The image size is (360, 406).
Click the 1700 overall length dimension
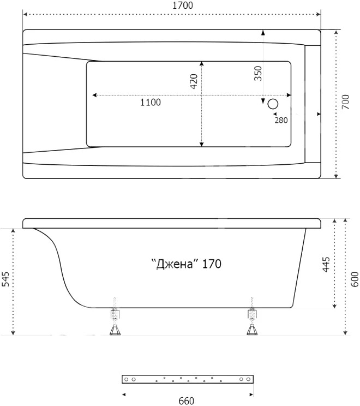[x=183, y=5]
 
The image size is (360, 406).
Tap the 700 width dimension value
[x=345, y=101]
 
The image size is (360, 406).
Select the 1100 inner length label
[x=151, y=102]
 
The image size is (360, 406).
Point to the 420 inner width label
[x=194, y=81]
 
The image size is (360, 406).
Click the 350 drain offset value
[x=258, y=74]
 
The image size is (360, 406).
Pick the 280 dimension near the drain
[x=281, y=120]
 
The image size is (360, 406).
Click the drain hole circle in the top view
[x=273, y=104]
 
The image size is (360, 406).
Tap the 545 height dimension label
[x=5, y=279]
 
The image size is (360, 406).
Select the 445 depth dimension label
[x=326, y=264]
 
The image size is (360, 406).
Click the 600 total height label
[x=355, y=279]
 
